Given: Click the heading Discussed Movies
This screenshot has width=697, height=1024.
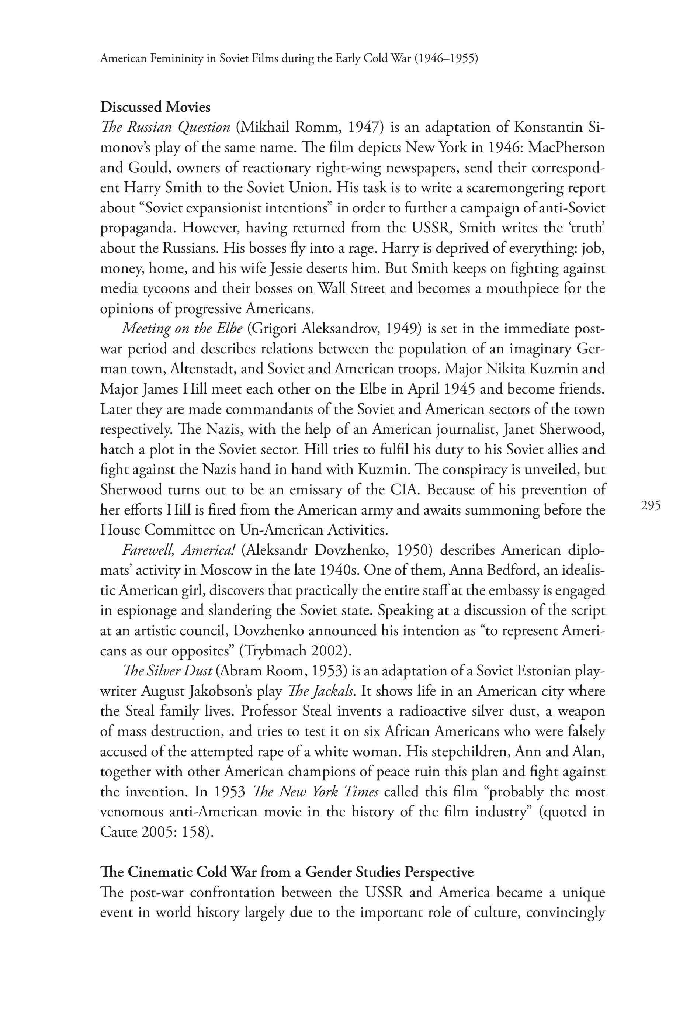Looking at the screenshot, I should [155, 107].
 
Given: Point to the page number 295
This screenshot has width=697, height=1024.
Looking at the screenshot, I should [651, 505].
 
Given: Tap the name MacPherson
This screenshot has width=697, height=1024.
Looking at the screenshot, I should [566, 147].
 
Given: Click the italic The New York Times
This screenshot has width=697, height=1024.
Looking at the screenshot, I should [315, 792].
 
